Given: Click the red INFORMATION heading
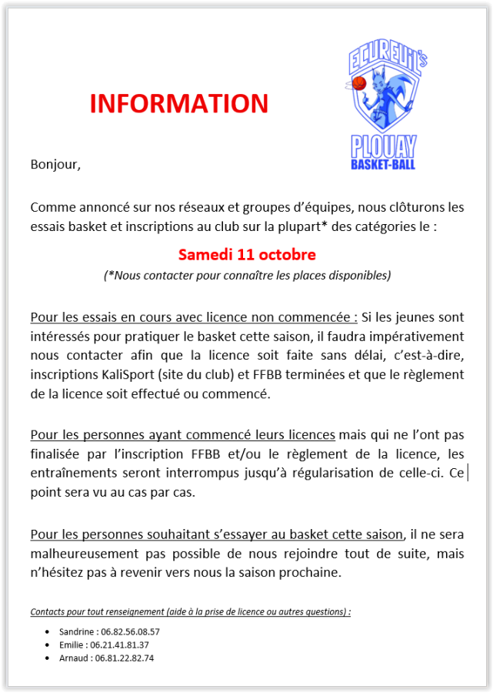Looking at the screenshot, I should (x=178, y=103).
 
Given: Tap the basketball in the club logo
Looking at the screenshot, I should (x=358, y=82).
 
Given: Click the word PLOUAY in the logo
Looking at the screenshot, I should (x=384, y=146).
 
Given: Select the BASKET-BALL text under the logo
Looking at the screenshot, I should (x=384, y=163).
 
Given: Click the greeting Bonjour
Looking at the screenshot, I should (x=55, y=164).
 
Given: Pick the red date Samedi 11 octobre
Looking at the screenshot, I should (x=247, y=254).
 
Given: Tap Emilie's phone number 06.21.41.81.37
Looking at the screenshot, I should (x=119, y=644).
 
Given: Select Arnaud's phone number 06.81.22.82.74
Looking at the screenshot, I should (x=122, y=658).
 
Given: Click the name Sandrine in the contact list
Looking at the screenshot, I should (x=75, y=631).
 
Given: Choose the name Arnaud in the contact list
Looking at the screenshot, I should (x=72, y=658).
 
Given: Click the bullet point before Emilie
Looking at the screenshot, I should (x=48, y=644).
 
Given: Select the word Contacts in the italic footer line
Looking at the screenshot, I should (x=48, y=611).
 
